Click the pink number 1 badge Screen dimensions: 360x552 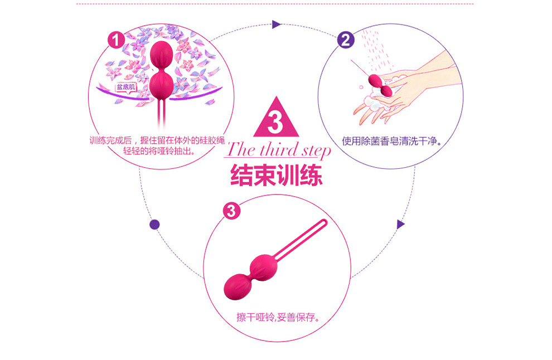point(115,40)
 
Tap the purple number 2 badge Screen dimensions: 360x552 point(346,40)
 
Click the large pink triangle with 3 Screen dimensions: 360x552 point(275,119)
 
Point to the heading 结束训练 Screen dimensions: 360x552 point(277,175)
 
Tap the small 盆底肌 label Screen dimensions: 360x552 point(125,87)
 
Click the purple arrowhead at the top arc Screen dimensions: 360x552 point(275,24)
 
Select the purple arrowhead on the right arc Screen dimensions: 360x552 point(400,224)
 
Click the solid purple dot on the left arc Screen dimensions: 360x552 point(155,225)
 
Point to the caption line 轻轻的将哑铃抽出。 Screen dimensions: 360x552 point(159,150)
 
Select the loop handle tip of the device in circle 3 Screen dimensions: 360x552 point(322,224)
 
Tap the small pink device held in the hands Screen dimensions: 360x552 point(381,84)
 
